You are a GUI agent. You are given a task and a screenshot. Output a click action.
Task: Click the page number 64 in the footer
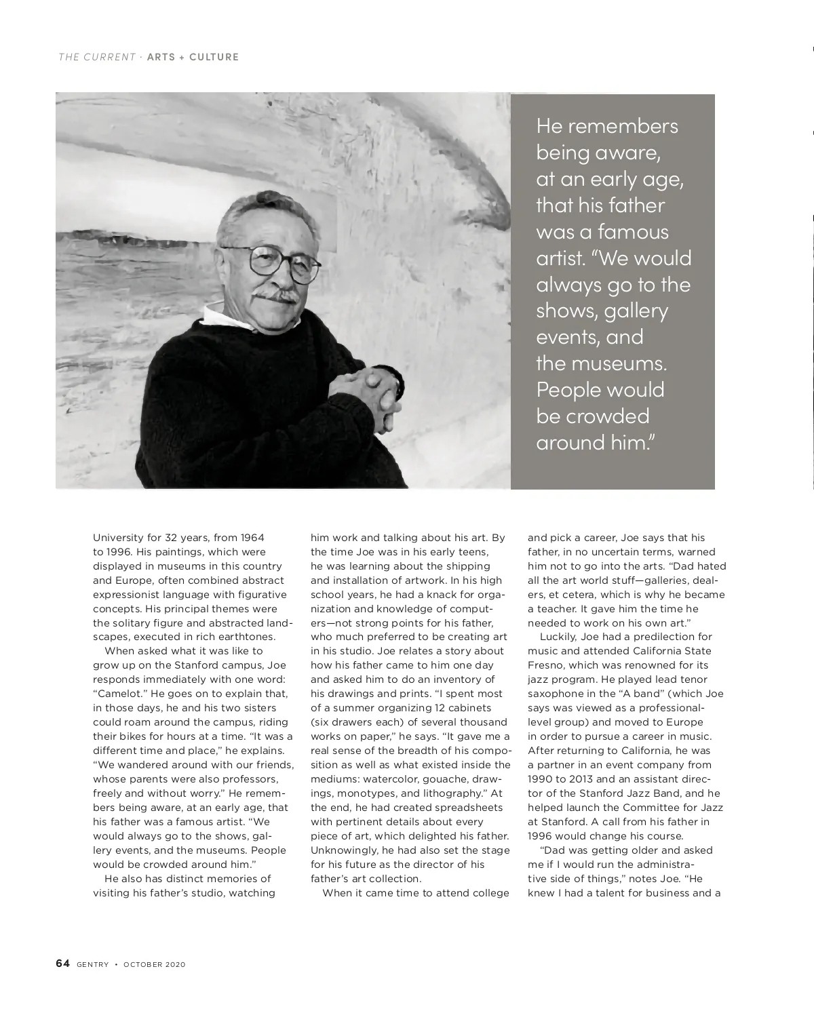[62, 964]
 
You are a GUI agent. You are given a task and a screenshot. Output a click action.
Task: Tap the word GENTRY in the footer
[92, 965]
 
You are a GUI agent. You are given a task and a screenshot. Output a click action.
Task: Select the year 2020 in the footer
[174, 965]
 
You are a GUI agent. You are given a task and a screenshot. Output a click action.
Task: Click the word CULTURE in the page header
[214, 57]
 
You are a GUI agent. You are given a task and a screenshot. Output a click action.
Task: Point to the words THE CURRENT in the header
[97, 57]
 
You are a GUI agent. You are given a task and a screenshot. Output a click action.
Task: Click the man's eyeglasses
[284, 263]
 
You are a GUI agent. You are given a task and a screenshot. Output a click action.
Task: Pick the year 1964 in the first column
[253, 538]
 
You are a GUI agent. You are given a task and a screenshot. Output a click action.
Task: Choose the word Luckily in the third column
[560, 637]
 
